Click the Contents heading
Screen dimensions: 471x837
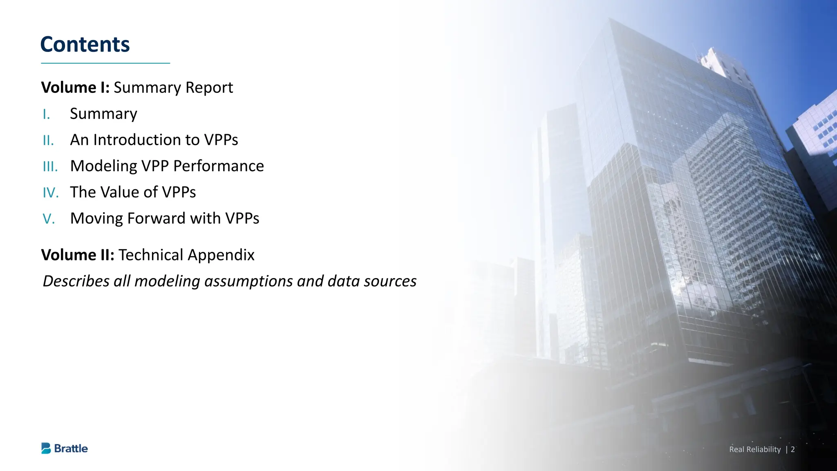(x=85, y=44)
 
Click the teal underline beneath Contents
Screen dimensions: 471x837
(x=105, y=63)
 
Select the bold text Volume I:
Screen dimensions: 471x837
(x=75, y=87)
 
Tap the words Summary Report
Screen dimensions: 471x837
(x=173, y=87)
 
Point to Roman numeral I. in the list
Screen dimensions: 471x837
(x=46, y=114)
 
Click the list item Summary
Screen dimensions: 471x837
(x=103, y=114)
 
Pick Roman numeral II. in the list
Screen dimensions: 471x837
(x=48, y=141)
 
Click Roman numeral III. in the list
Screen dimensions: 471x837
(x=50, y=167)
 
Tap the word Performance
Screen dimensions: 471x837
(x=219, y=166)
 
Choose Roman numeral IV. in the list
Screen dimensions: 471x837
(x=51, y=193)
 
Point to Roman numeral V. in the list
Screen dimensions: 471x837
(x=49, y=219)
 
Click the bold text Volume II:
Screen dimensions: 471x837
(x=78, y=255)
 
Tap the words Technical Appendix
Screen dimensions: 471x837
(x=186, y=255)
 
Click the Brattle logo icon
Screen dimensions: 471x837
(x=46, y=448)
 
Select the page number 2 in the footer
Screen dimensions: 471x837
(x=792, y=449)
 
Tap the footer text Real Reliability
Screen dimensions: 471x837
(x=755, y=449)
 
